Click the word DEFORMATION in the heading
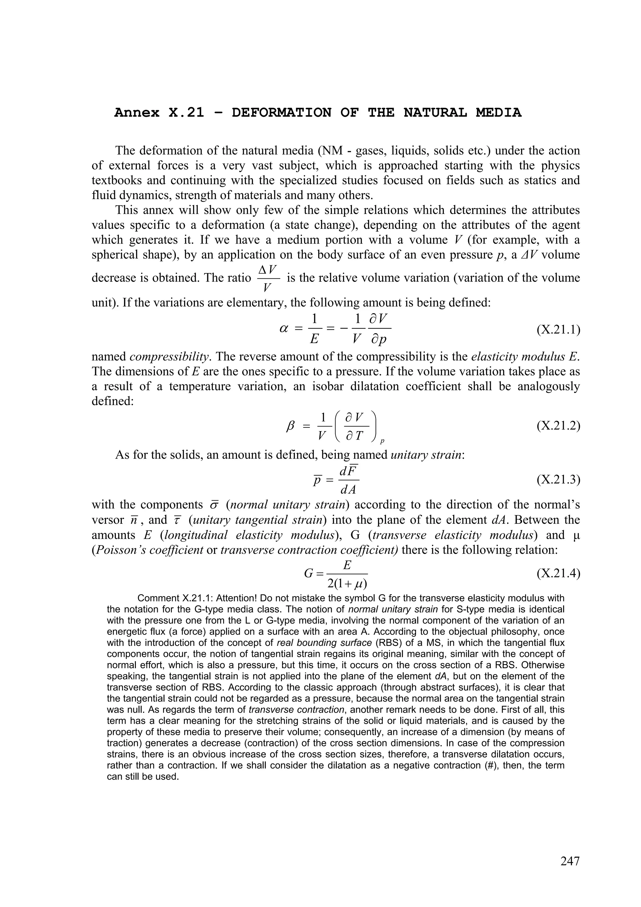(x=281, y=113)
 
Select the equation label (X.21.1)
(x=558, y=329)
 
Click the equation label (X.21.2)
(x=558, y=425)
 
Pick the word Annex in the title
(x=137, y=113)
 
